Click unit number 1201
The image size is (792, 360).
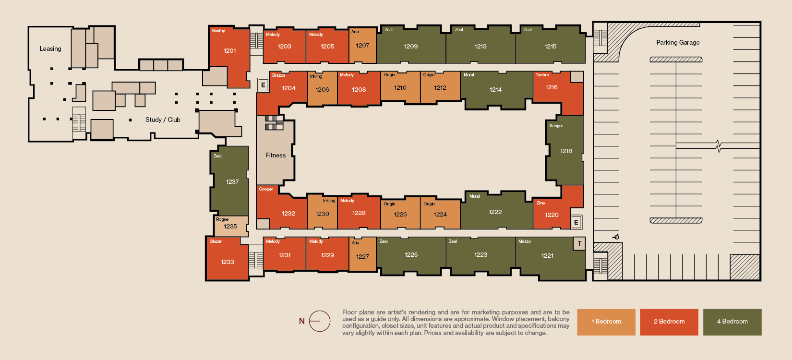(229, 51)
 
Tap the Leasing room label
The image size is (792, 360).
(50, 49)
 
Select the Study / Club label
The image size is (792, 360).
(163, 120)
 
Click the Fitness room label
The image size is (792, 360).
(275, 155)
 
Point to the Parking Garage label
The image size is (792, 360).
(678, 42)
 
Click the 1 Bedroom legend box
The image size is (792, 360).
(606, 322)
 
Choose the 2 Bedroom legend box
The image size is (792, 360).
(669, 322)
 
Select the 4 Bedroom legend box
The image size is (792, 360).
(732, 322)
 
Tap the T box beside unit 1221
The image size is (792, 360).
(579, 244)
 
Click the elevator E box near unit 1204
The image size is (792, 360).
(263, 85)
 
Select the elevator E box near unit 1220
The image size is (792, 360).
(576, 222)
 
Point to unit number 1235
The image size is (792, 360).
(230, 227)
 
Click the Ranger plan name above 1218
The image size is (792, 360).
(556, 126)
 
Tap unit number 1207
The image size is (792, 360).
(362, 46)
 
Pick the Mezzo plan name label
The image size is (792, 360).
(524, 241)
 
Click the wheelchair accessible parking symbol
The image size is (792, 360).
(616, 237)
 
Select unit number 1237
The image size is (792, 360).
(232, 182)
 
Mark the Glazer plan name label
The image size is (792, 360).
(216, 241)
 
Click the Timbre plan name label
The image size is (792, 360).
(542, 75)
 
